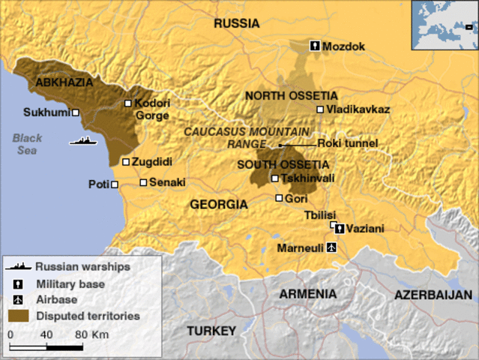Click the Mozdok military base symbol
316,46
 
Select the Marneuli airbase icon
332,247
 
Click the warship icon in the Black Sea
82,140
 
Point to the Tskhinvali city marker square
275,178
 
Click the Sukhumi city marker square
76,113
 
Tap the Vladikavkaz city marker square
320,109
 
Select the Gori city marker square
279,198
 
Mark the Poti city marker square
115,184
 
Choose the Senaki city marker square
143,182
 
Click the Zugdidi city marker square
125,161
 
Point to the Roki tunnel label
347,143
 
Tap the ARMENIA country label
308,293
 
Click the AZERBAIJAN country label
433,294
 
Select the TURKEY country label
211,330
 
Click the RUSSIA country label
236,24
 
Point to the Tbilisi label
320,214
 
